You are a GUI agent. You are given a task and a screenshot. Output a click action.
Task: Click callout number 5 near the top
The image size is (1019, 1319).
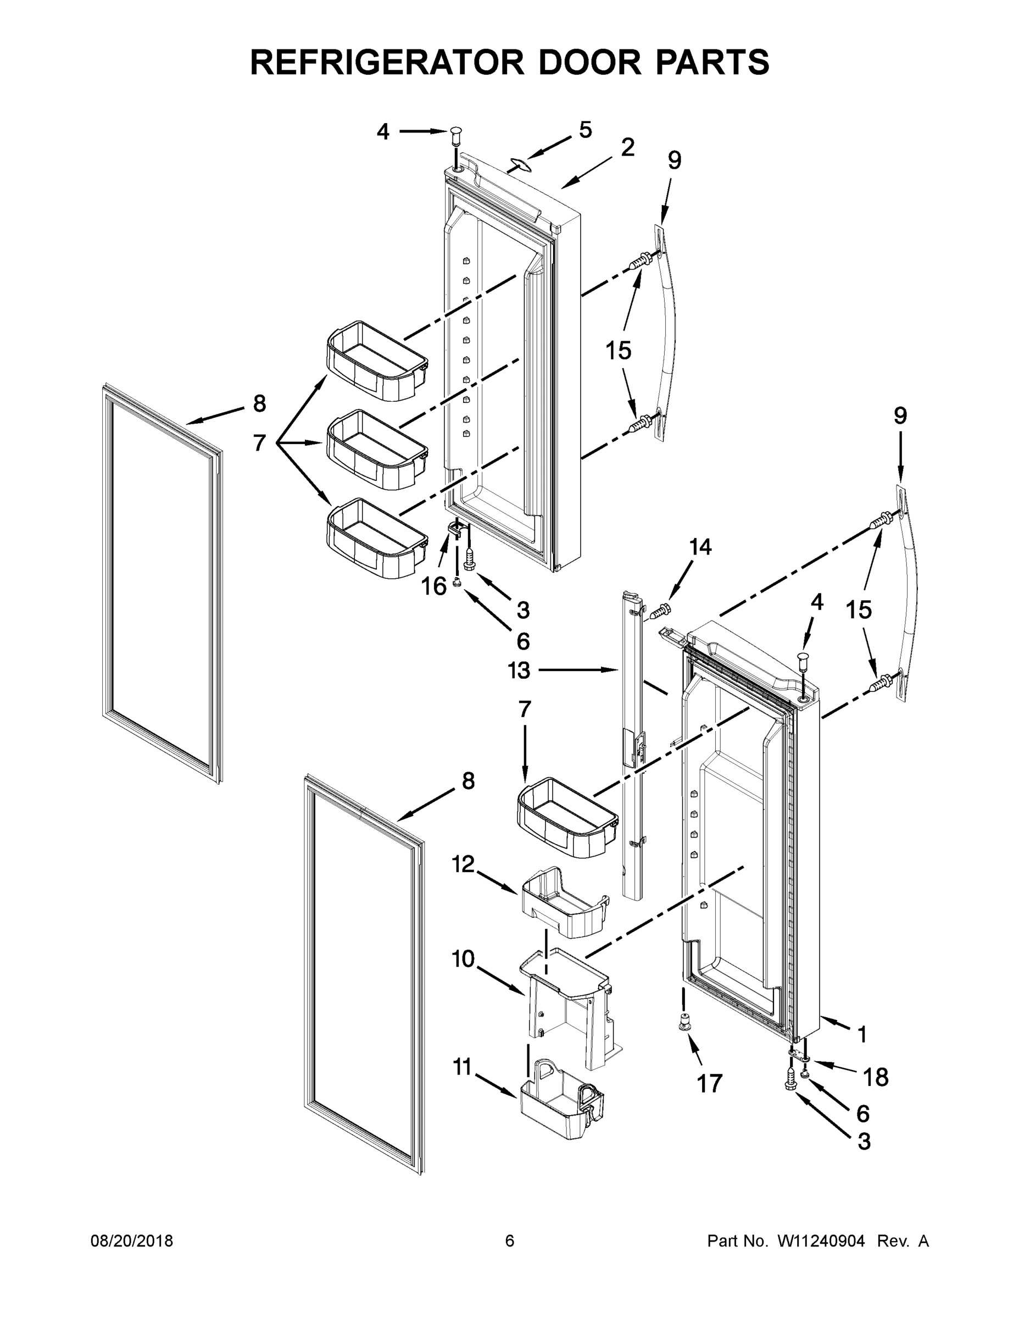pos(585,130)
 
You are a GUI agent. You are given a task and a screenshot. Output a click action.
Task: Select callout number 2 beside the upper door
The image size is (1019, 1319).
pos(627,148)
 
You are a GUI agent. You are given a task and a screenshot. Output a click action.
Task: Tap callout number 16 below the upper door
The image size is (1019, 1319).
pos(433,586)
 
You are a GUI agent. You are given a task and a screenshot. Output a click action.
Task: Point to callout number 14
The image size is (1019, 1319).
pos(700,547)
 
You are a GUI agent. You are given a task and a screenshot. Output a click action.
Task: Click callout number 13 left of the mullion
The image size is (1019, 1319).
pos(519,670)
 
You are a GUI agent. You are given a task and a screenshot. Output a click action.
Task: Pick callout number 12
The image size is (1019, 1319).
pos(464,864)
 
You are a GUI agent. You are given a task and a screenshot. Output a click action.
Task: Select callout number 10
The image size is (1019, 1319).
pos(464,958)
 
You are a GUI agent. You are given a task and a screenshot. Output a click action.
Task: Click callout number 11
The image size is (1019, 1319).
pos(462,1068)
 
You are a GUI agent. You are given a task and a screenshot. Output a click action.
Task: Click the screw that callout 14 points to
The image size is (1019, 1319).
pos(661,611)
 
